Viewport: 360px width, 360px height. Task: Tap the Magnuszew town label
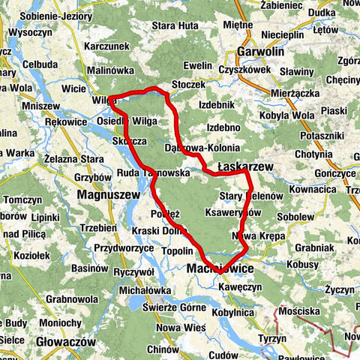point(108,194)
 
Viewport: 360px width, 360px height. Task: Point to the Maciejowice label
point(221,268)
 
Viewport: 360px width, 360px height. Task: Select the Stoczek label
point(187,85)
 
